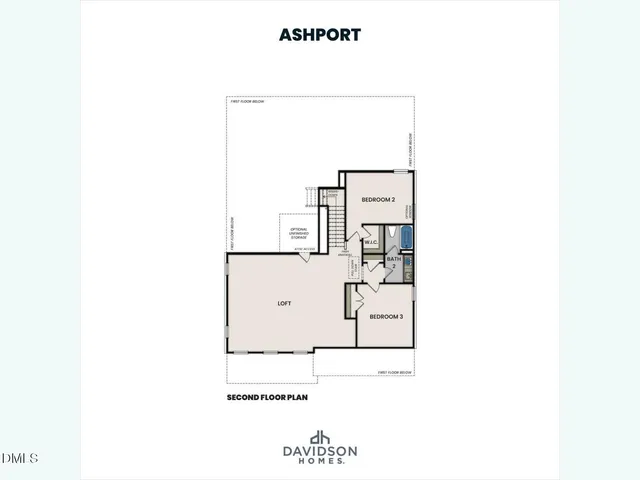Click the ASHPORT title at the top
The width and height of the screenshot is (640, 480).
[x=320, y=34]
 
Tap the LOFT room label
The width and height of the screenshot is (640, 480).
[x=285, y=303]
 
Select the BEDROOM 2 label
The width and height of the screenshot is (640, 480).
[x=379, y=200]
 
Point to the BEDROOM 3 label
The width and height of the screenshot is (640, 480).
[x=386, y=317]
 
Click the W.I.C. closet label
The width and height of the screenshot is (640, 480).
[x=370, y=242]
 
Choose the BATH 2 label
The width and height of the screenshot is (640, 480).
[x=394, y=262]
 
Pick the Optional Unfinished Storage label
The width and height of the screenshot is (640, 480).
[x=298, y=233]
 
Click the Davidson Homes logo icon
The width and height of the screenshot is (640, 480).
[x=320, y=437]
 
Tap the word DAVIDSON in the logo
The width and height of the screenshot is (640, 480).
[x=320, y=452]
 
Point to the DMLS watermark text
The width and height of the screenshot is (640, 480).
[x=20, y=458]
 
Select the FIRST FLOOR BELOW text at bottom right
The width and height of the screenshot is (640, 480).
[x=396, y=373]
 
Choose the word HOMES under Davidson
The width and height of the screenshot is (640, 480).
[x=320, y=461]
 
